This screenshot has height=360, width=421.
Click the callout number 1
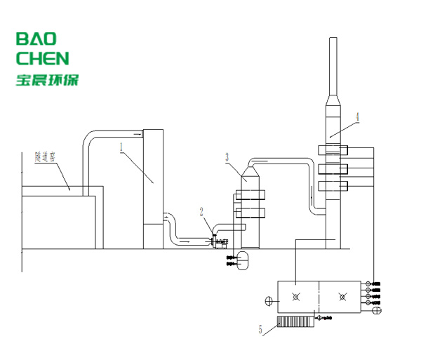(121, 147)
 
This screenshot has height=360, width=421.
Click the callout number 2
(202, 210)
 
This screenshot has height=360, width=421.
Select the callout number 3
(227, 157)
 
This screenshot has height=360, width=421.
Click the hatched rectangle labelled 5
(295, 321)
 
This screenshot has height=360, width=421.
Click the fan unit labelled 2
(219, 241)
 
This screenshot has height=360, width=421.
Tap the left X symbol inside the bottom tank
(297, 298)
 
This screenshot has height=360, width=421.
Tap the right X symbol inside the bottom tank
(342, 298)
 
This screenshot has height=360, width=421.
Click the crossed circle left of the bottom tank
(268, 302)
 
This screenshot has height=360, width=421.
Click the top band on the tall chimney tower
(333, 149)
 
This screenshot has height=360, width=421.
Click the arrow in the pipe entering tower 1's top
(133, 131)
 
